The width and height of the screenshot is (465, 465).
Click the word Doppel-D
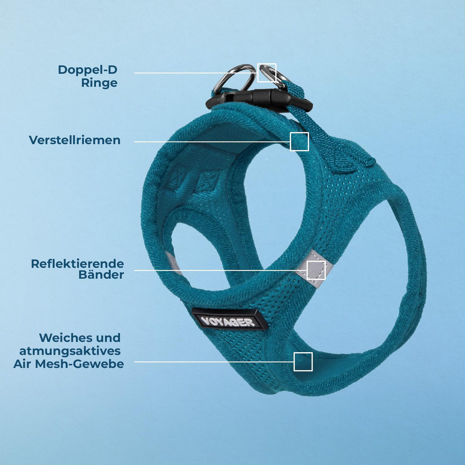pyautogui.click(x=87, y=70)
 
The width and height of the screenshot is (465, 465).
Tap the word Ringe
pyautogui.click(x=99, y=83)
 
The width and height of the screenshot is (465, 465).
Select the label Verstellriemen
pyautogui.click(x=75, y=140)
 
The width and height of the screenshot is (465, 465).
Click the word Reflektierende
pyautogui.click(x=77, y=263)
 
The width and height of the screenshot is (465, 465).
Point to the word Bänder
pyautogui.click(x=101, y=275)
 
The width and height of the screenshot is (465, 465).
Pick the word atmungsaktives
pyautogui.click(x=70, y=351)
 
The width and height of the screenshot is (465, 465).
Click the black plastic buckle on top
pyautogui.click(x=259, y=99)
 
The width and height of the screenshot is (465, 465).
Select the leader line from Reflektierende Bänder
pyautogui.click(x=220, y=270)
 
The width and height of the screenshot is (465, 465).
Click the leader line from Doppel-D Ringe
pyautogui.click(x=196, y=73)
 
